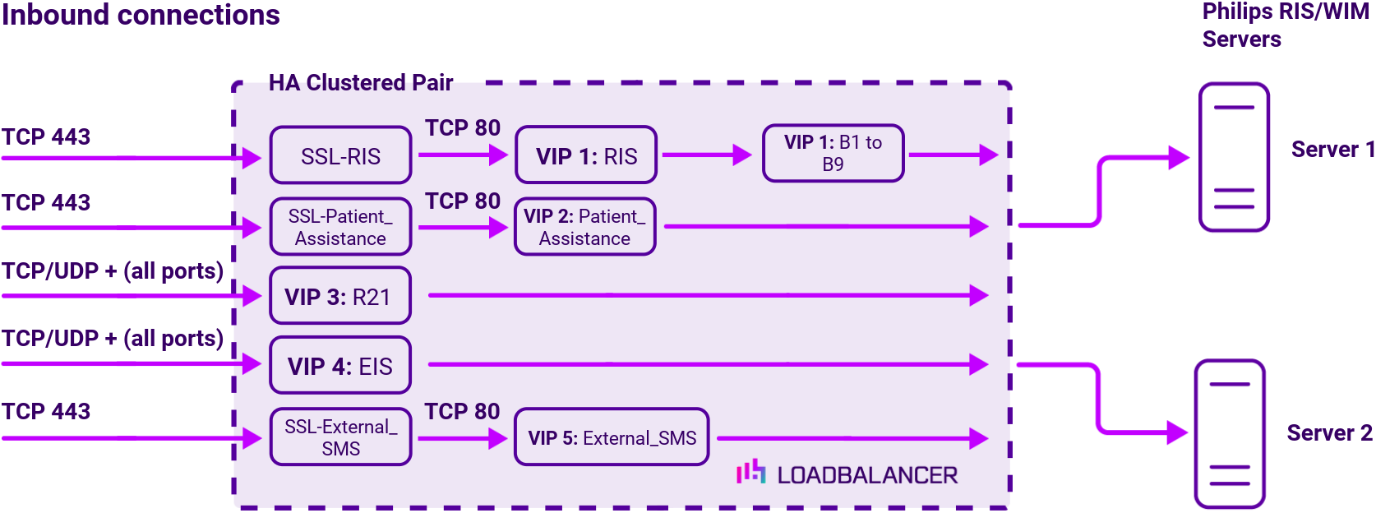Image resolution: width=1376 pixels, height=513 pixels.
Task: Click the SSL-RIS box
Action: pyautogui.click(x=340, y=155)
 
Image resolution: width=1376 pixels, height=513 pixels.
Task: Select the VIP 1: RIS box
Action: pyautogui.click(x=586, y=155)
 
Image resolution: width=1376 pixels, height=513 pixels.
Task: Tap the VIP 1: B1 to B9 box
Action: pyautogui.click(x=833, y=153)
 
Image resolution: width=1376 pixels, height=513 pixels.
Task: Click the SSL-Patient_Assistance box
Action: pyautogui.click(x=340, y=227)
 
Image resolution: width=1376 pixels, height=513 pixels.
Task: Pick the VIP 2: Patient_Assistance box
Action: pyautogui.click(x=584, y=227)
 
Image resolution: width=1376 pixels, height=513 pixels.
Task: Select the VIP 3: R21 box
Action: pyautogui.click(x=340, y=296)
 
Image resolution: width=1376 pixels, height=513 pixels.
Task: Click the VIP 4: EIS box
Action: pyautogui.click(x=340, y=365)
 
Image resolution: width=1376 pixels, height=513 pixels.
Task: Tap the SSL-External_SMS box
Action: pyautogui.click(x=340, y=437)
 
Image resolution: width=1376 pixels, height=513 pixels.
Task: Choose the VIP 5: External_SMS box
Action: pyautogui.click(x=612, y=437)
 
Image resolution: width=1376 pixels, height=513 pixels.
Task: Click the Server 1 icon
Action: pyautogui.click(x=1234, y=156)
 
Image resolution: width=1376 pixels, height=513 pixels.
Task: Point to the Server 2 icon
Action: pyautogui.click(x=1229, y=432)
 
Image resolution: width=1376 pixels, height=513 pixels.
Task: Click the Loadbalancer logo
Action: pyautogui.click(x=847, y=474)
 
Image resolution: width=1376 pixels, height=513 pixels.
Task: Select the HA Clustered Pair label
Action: pyautogui.click(x=361, y=82)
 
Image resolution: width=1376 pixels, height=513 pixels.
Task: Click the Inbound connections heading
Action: pyautogui.click(x=141, y=15)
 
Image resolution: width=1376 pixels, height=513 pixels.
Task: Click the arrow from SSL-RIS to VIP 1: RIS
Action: pyautogui.click(x=463, y=155)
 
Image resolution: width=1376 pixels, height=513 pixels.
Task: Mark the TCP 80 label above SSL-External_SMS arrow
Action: pyautogui.click(x=462, y=411)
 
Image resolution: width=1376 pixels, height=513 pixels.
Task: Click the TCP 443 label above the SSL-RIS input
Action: pyautogui.click(x=46, y=136)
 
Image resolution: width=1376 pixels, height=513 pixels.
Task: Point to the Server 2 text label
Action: pyautogui.click(x=1329, y=432)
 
